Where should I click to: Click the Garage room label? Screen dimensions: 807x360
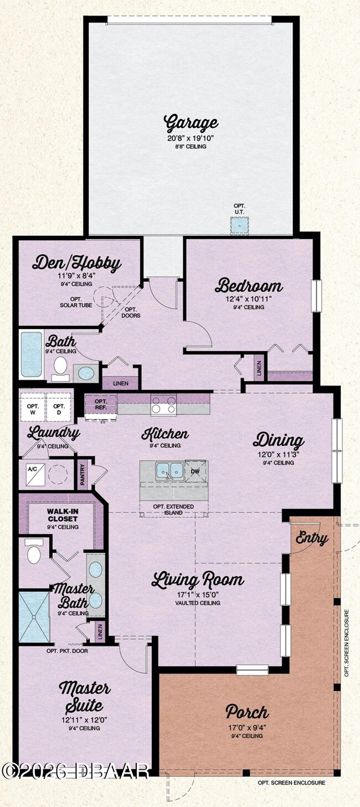pyautogui.click(x=191, y=122)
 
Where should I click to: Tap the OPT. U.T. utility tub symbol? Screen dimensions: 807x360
pyautogui.click(x=239, y=226)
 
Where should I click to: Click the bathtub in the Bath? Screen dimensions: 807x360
pyautogui.click(x=31, y=354)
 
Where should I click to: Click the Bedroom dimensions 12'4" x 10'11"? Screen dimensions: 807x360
pyautogui.click(x=248, y=299)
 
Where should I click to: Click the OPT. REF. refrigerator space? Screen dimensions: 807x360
pyautogui.click(x=101, y=405)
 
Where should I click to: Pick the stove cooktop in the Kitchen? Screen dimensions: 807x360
pyautogui.click(x=163, y=405)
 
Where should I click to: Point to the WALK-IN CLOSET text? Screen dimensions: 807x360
pyautogui.click(x=62, y=515)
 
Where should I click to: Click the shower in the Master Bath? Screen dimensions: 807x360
pyautogui.click(x=34, y=617)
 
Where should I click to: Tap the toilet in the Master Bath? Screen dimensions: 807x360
pyautogui.click(x=34, y=553)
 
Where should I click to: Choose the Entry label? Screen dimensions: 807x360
pyautogui.click(x=311, y=537)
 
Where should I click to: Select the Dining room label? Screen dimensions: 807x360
pyautogui.click(x=279, y=440)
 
